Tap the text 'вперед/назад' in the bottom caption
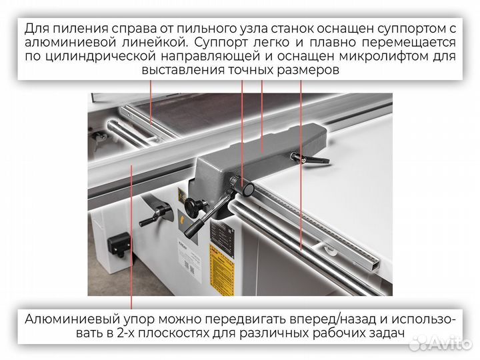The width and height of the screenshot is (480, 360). [x=292, y=319]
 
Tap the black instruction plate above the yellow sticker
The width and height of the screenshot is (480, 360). [x=220, y=233]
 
